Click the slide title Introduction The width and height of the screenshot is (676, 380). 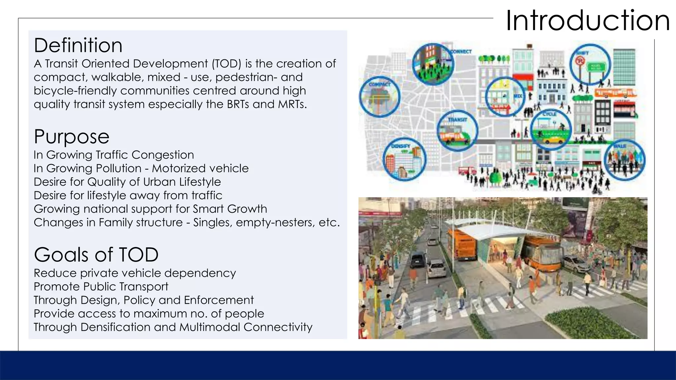[x=588, y=20]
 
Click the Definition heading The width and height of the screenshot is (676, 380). [x=78, y=45]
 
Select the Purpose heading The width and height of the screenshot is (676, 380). [x=72, y=136]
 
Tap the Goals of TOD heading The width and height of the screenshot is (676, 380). [x=96, y=255]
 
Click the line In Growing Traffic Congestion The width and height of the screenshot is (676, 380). [x=114, y=155]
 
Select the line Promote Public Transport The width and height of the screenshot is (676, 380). [x=101, y=286]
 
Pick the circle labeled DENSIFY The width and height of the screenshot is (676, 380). [x=404, y=159]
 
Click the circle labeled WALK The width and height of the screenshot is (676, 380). [x=625, y=160]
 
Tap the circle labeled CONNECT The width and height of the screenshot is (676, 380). [x=433, y=64]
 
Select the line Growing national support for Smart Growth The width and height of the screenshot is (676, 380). [x=150, y=209]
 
